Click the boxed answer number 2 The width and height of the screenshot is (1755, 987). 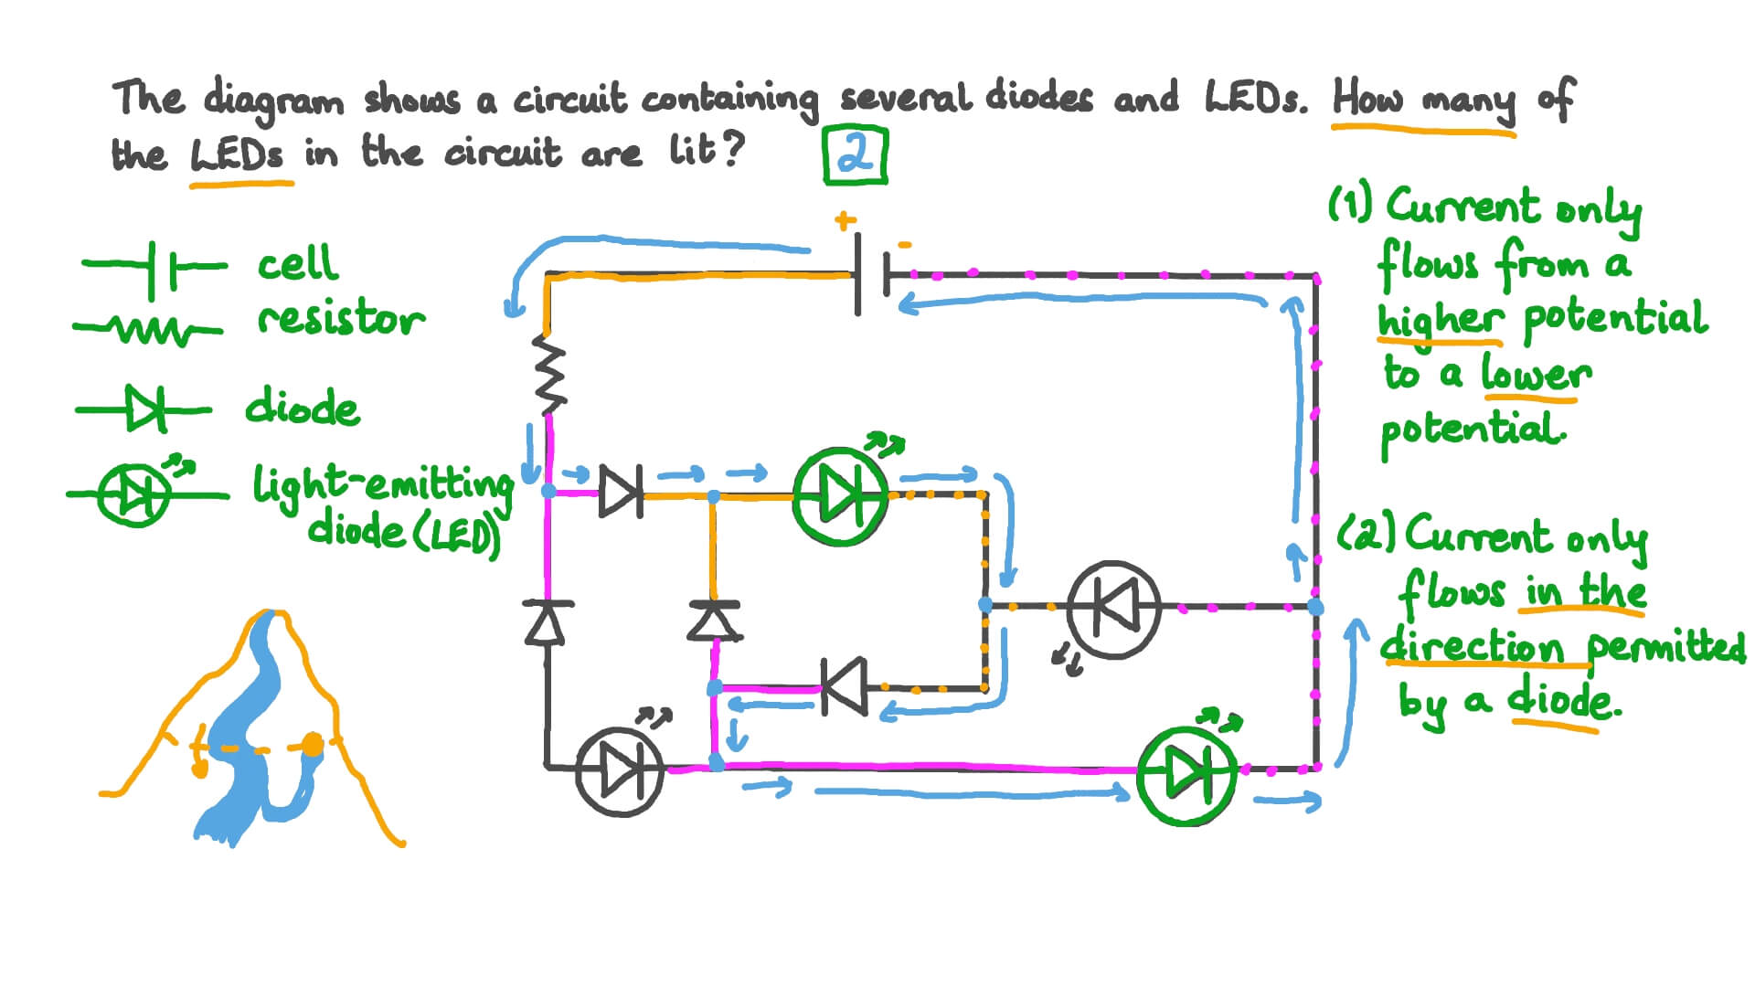[x=856, y=156]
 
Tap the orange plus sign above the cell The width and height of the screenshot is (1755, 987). [x=845, y=220]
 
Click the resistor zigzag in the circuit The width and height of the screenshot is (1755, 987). [x=549, y=375]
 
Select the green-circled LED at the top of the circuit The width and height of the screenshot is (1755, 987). [x=840, y=496]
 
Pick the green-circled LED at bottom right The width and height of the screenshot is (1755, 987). [x=1186, y=775]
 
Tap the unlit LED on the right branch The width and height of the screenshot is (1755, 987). [x=1113, y=607]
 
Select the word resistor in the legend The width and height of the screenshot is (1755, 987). [x=341, y=320]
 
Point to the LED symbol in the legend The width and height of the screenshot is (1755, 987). [x=135, y=494]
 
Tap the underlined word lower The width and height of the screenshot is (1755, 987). [x=1536, y=374]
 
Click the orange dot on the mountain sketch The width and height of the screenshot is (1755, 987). [x=313, y=745]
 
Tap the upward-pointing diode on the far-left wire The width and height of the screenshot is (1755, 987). [x=548, y=622]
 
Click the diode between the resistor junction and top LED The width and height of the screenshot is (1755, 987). [x=622, y=493]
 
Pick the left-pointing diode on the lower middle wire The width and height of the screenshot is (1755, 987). [x=845, y=687]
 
